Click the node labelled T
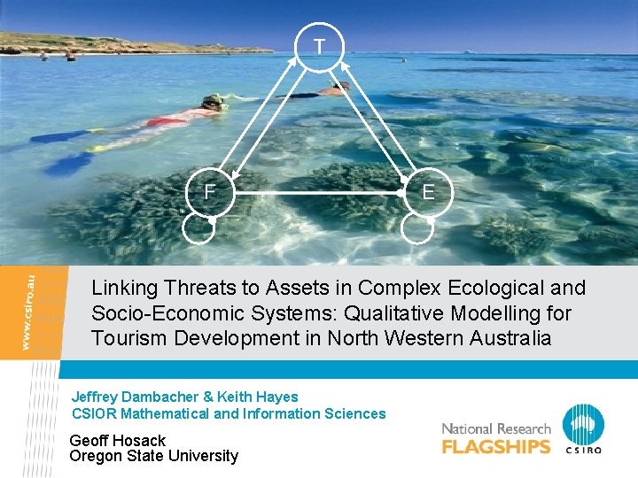(x=318, y=46)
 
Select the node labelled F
(x=209, y=192)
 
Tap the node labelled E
(x=428, y=192)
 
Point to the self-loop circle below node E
(x=417, y=227)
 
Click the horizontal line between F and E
(x=319, y=192)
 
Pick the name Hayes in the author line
(x=276, y=397)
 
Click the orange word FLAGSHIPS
(x=496, y=446)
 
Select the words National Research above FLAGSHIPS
(x=496, y=429)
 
